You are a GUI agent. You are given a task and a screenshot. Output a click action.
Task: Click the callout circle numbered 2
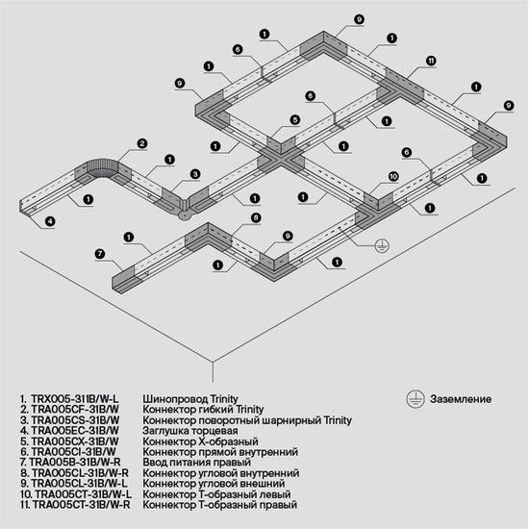tap(141, 143)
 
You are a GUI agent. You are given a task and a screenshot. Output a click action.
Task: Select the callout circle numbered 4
tap(49, 221)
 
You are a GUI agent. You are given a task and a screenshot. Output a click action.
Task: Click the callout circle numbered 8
tap(255, 218)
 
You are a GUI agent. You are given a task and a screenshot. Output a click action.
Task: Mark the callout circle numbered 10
tap(393, 176)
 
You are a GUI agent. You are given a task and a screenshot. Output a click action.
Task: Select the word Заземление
tap(461, 398)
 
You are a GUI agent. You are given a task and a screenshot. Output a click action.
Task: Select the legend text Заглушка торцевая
tap(189, 431)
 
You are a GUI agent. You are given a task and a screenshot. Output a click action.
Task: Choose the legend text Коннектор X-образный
tap(195, 441)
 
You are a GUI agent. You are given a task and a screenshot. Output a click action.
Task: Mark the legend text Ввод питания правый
tap(194, 463)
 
